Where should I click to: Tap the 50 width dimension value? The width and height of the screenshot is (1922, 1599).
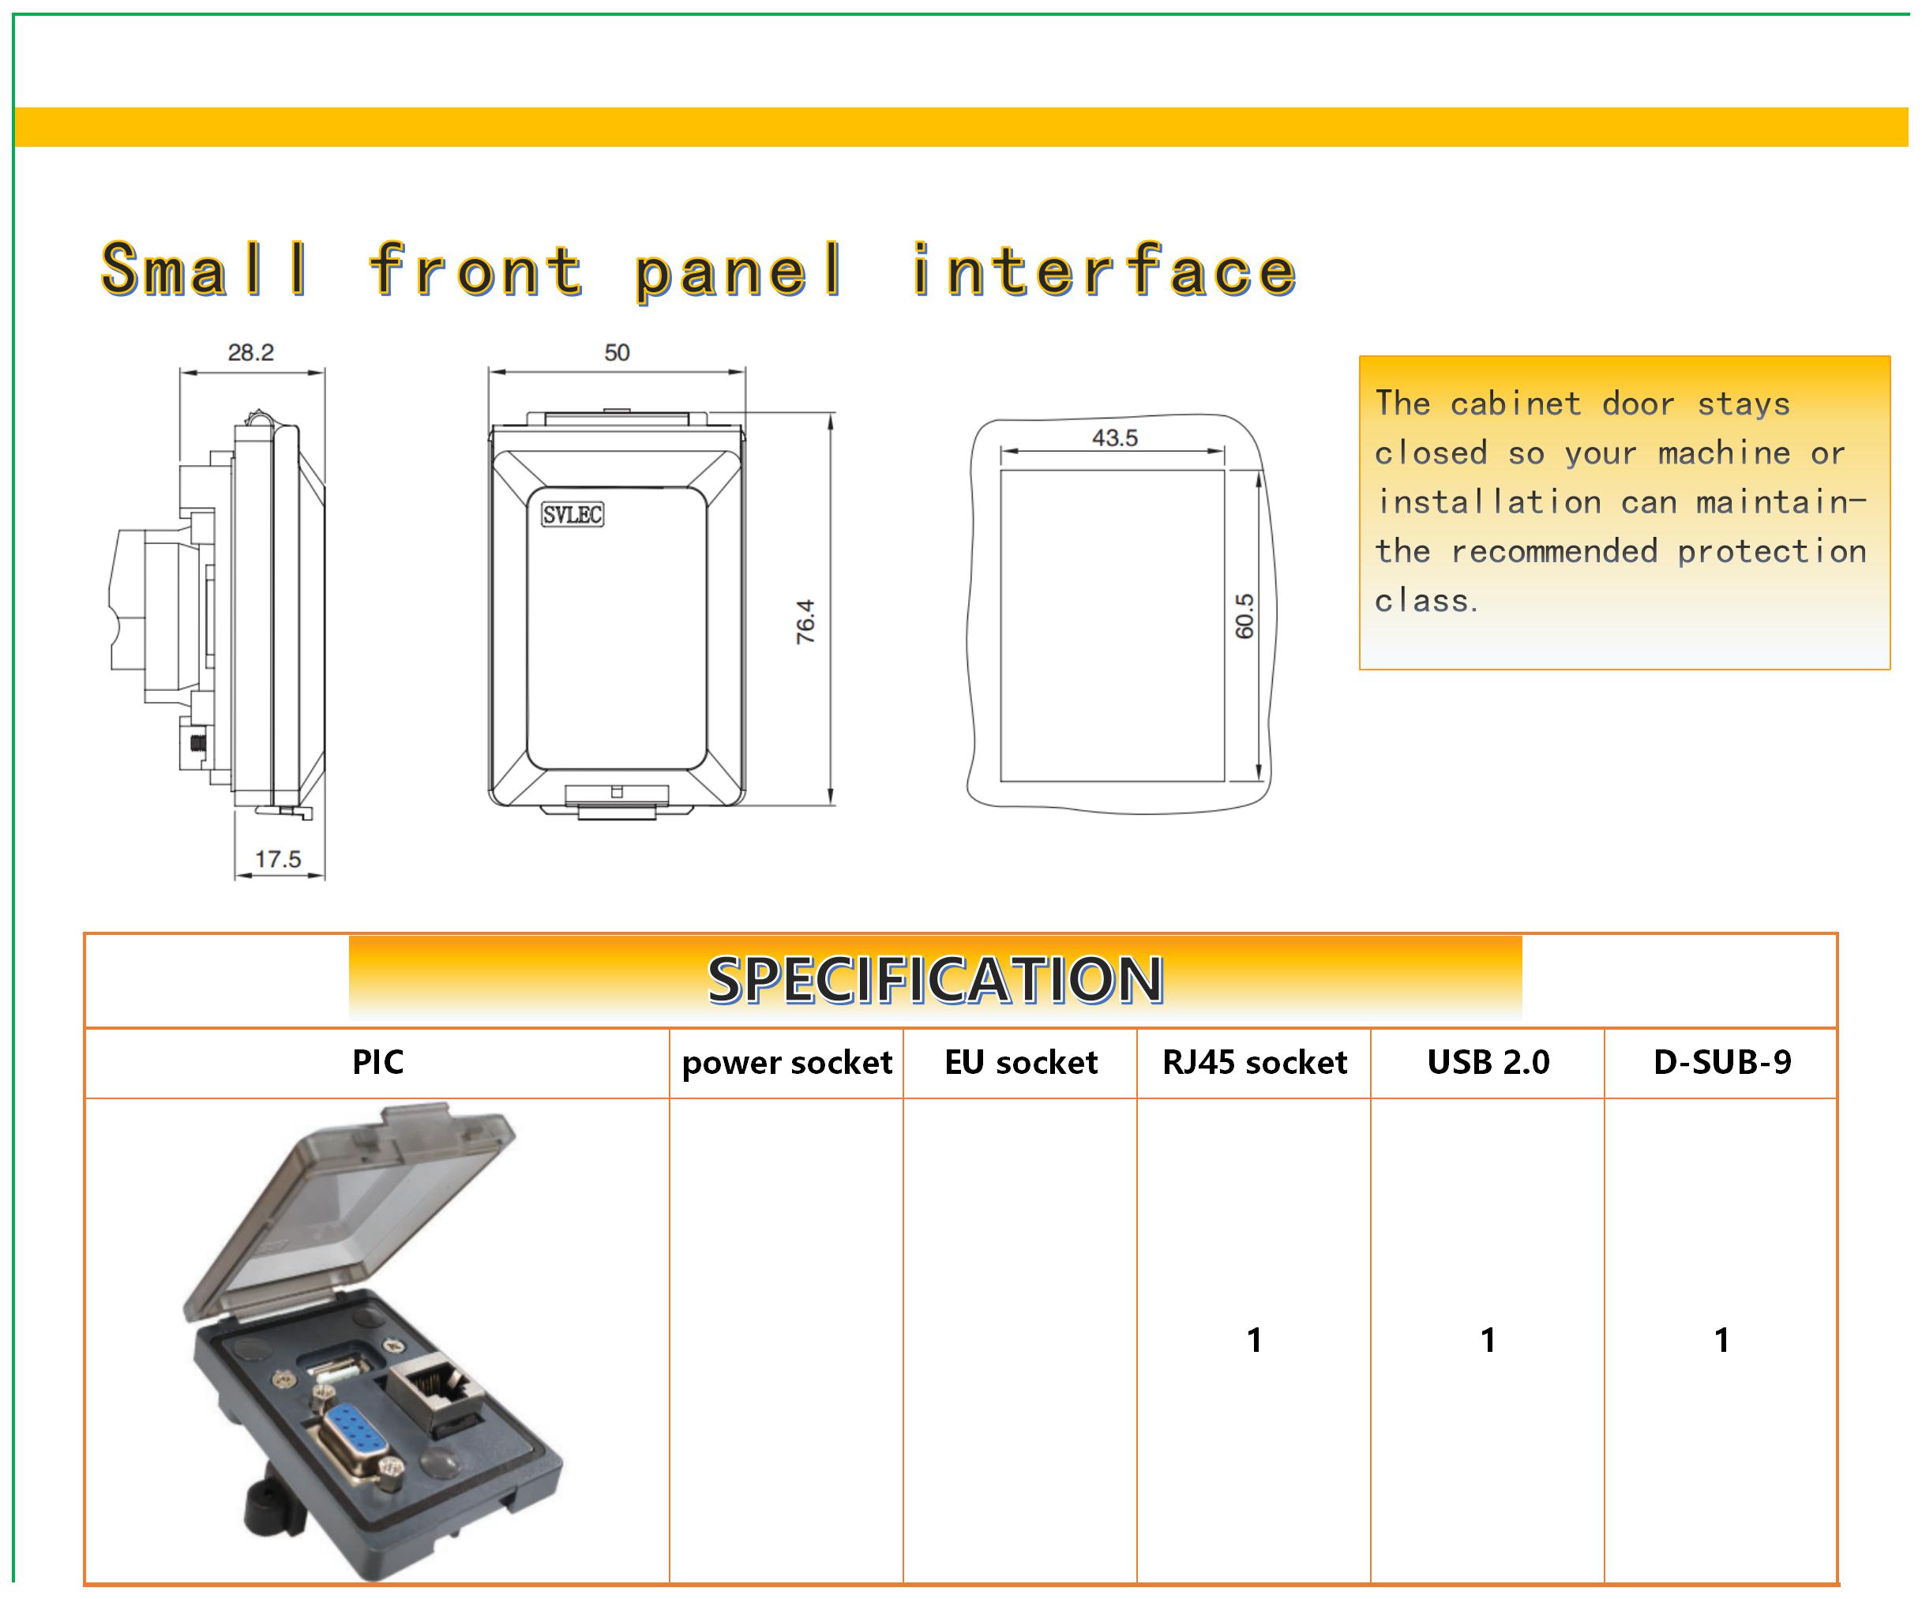616,352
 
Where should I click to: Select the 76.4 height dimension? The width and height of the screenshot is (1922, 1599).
805,621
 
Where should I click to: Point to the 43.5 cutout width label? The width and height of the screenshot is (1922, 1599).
1114,437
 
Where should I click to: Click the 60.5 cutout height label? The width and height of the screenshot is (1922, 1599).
1244,615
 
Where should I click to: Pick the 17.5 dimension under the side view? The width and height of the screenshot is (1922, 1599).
277,858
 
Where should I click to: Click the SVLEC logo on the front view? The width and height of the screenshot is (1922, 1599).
572,514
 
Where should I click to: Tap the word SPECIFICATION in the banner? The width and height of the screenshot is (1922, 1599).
934,979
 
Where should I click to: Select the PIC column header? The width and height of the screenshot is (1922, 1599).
377,1062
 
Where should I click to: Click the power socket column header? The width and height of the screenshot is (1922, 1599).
786,1062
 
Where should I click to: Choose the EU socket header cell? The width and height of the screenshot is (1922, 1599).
1019,1062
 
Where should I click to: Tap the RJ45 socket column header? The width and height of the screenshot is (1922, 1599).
1254,1062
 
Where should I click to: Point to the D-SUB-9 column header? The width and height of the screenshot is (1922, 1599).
1721,1062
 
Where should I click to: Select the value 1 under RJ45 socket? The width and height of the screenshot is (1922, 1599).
1254,1340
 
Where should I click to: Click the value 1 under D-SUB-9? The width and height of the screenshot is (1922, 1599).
1721,1340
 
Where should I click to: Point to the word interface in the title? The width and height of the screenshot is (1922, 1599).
1103,271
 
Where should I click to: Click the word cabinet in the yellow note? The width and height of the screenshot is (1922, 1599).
1515,404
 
